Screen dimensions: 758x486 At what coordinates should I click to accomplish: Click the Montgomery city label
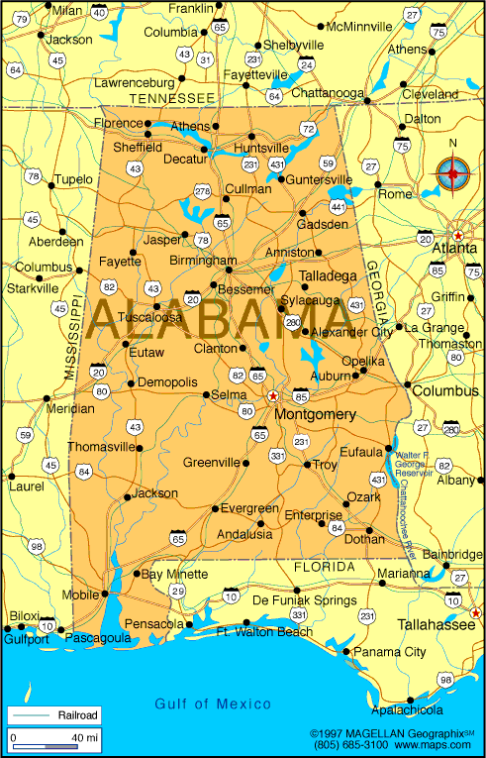coord(315,413)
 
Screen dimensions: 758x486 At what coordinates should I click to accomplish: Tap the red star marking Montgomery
coord(272,396)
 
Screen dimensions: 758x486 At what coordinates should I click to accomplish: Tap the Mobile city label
coord(80,596)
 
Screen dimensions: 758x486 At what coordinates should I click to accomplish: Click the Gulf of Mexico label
coord(213,704)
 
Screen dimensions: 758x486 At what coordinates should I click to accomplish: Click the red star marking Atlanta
coord(458,236)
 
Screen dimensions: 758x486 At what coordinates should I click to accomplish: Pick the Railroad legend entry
coord(76,713)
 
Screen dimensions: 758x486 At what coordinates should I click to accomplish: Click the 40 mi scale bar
coord(54,738)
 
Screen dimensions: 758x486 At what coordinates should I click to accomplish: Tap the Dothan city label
coord(363,540)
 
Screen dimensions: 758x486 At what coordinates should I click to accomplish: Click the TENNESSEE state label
coord(172,98)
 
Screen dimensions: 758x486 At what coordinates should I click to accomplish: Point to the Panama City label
coord(390,652)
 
